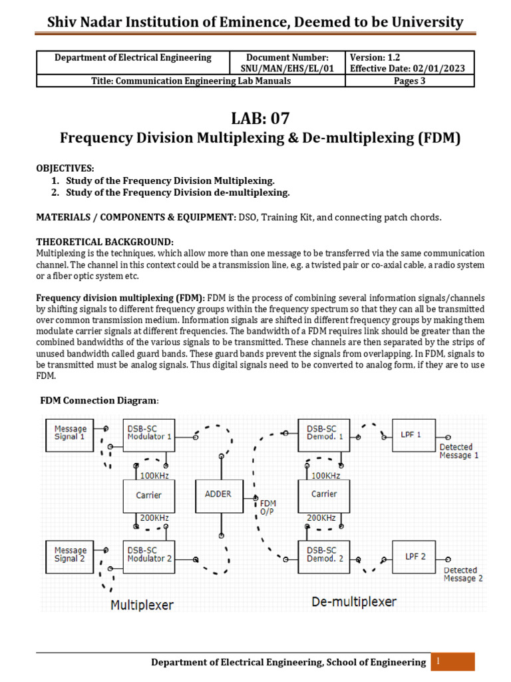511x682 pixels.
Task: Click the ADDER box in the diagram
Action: click(x=218, y=495)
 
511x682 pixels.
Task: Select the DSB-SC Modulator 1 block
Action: click(x=150, y=434)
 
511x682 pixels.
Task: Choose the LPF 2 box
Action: click(x=415, y=556)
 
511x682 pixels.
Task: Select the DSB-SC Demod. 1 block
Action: click(x=322, y=434)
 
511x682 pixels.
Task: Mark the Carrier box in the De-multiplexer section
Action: click(x=323, y=495)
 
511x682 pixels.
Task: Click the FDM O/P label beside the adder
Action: click(x=267, y=508)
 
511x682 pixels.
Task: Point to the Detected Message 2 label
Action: click(x=463, y=574)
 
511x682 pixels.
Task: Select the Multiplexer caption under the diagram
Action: click(x=142, y=605)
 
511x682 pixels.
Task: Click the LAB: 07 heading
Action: click(x=260, y=119)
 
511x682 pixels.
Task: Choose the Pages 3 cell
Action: click(x=409, y=81)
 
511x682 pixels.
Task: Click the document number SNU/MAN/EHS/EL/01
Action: click(x=287, y=69)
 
